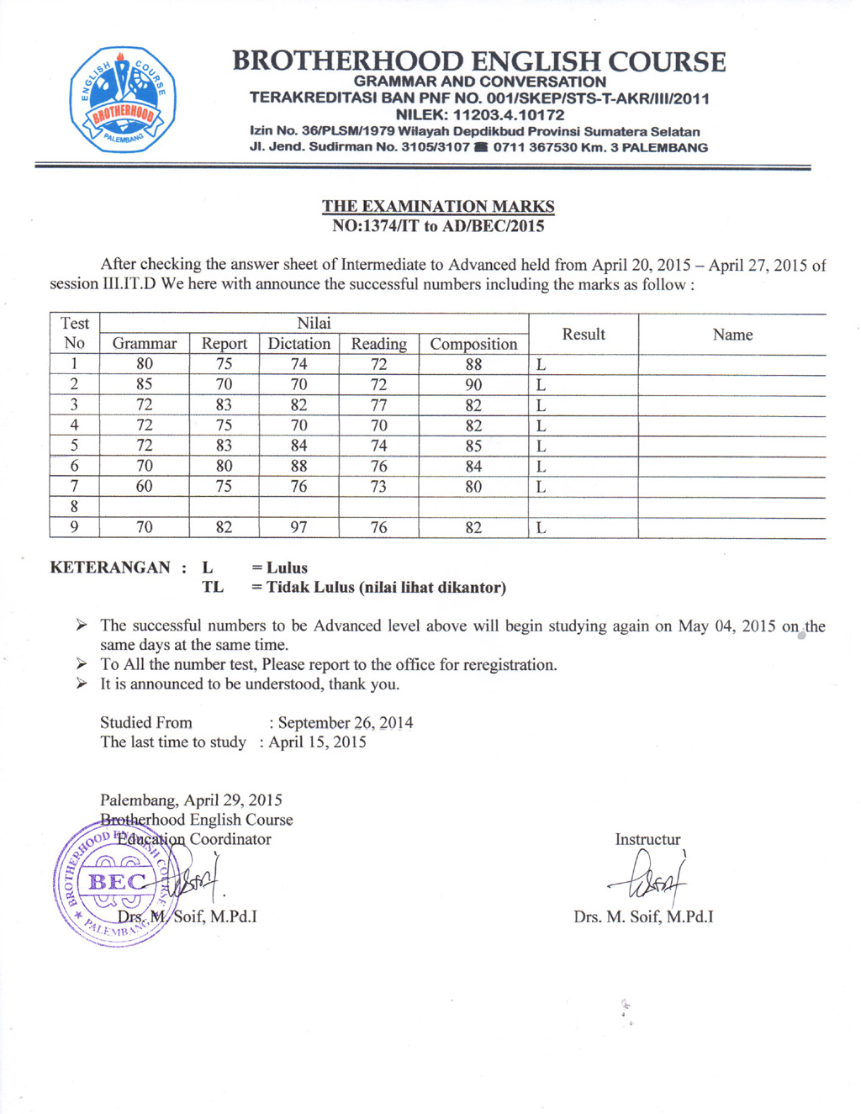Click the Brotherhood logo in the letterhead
pos(123,99)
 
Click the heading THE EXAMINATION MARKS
pos(438,206)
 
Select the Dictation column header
pos(298,343)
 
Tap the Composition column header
pos(473,344)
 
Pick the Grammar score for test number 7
pos(145,486)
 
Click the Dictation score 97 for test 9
pos(298,527)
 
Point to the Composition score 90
pos(473,384)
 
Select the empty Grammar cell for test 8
pos(145,506)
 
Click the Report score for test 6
pos(224,466)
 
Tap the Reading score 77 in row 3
pos(379,404)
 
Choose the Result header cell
pos(584,334)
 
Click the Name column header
pos(732,335)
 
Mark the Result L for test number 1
pos(541,365)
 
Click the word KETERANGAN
pos(110,568)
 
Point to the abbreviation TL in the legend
pos(213,587)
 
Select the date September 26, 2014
pos(346,723)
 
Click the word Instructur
pos(647,839)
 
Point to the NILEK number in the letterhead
pos(480,114)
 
